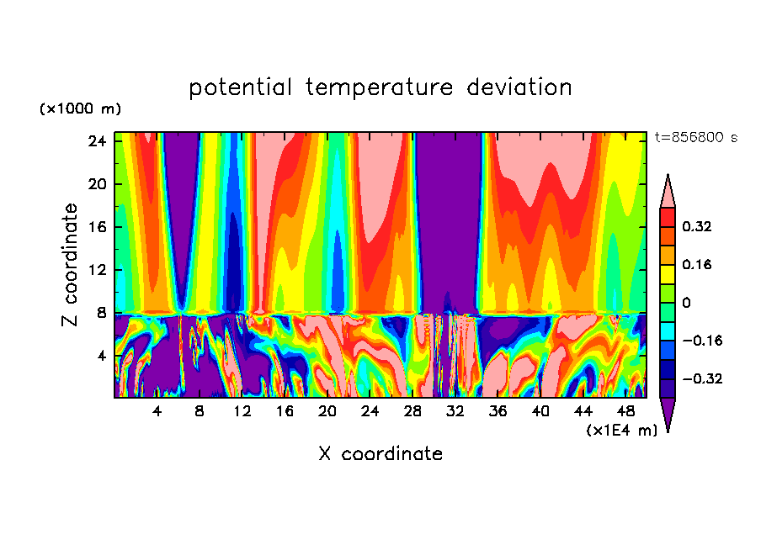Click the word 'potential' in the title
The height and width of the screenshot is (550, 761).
tap(241, 87)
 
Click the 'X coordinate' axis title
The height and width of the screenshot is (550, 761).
tap(380, 454)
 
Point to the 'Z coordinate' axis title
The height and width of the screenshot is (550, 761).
tap(71, 265)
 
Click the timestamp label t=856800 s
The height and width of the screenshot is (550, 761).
tap(695, 137)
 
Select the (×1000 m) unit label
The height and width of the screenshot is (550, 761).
tap(80, 109)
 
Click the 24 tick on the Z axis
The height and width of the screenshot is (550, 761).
tap(98, 141)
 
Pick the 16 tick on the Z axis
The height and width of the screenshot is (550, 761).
tap(98, 227)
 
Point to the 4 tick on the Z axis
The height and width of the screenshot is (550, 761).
tap(103, 356)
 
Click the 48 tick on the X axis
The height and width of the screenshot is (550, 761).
tap(626, 411)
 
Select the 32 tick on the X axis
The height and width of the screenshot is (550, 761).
tap(455, 411)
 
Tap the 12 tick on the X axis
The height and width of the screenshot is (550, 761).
tap(242, 411)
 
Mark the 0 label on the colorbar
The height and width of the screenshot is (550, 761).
tap(686, 303)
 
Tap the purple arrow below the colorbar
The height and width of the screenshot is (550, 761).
tap(668, 414)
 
